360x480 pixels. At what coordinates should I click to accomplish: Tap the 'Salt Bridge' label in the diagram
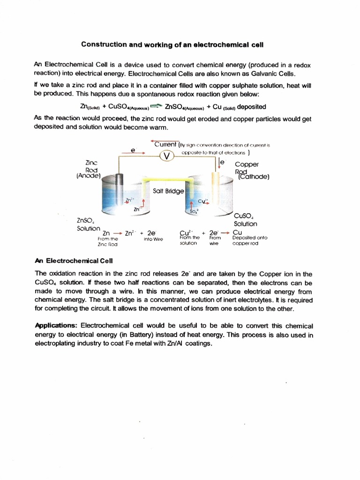[x=168, y=191]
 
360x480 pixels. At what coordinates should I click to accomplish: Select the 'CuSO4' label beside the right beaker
[x=245, y=216]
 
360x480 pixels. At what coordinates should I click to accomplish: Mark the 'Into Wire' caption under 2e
[x=153, y=239]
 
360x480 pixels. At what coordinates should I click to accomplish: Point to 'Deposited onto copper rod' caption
[x=249, y=240]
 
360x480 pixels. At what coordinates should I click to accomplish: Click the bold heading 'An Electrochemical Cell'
[x=74, y=261]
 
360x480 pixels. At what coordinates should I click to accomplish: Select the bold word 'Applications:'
[x=57, y=325]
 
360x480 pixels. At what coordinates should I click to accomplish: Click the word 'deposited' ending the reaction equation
[x=252, y=106]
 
